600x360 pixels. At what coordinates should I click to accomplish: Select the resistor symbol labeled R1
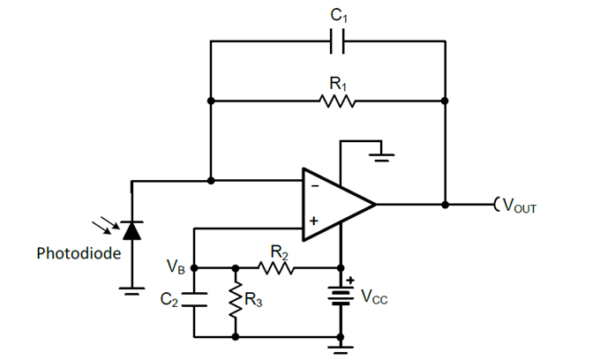[339, 101]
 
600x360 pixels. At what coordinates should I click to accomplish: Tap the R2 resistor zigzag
[278, 266]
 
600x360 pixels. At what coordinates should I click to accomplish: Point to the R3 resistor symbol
[236, 301]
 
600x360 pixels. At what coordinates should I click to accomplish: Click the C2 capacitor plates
[193, 300]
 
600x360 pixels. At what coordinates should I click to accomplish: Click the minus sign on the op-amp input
[312, 186]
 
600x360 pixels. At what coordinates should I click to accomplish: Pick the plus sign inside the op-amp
[312, 221]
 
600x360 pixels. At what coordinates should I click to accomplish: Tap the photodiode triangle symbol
[131, 231]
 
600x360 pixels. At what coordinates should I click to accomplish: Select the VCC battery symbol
[341, 295]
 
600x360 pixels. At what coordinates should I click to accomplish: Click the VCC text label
[373, 297]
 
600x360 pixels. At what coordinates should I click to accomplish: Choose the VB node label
[175, 265]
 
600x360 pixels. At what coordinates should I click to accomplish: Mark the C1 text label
[339, 14]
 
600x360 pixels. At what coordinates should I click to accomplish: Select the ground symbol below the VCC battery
[341, 347]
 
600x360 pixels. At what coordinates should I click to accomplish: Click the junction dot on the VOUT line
[446, 205]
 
